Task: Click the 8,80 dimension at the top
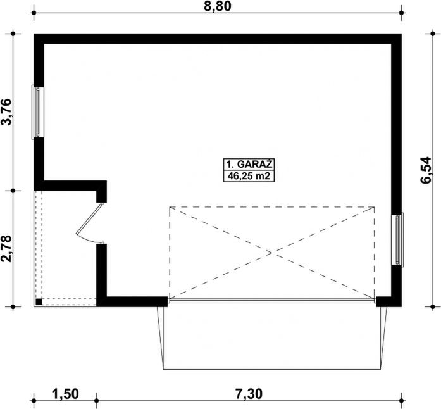tap(218, 6)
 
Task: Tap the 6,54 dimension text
tap(426, 170)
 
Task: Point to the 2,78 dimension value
tap(6, 249)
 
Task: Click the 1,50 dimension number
tap(65, 394)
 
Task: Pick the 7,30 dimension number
tap(249, 394)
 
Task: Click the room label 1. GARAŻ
tap(249, 164)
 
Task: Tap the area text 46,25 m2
tap(249, 176)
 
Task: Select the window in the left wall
tap(38, 112)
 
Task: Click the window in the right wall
tap(397, 239)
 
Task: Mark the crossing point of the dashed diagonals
tap(272, 253)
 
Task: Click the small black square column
tap(39, 301)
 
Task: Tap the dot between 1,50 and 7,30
tap(96, 400)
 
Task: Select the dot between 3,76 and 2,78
tap(13, 191)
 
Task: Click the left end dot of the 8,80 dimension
tap(34, 13)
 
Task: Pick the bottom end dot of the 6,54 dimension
tap(433, 306)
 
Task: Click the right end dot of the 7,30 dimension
tap(401, 400)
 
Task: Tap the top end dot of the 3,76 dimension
tap(13, 34)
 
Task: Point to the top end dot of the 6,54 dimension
tap(433, 34)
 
